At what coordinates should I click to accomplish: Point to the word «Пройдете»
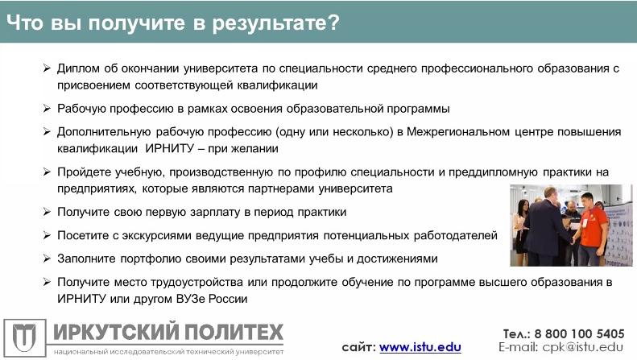tap(83, 172)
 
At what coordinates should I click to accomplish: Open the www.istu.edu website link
tap(420, 347)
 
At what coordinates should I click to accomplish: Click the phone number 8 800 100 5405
tap(579, 334)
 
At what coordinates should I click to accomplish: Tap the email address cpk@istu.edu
tap(582, 347)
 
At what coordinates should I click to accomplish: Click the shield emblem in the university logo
tap(24, 338)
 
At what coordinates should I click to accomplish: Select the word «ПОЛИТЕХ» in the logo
tap(234, 332)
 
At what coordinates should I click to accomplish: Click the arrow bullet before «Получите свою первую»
tap(47, 212)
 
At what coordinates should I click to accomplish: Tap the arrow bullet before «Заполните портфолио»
tap(47, 259)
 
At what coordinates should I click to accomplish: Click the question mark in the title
tap(333, 23)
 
